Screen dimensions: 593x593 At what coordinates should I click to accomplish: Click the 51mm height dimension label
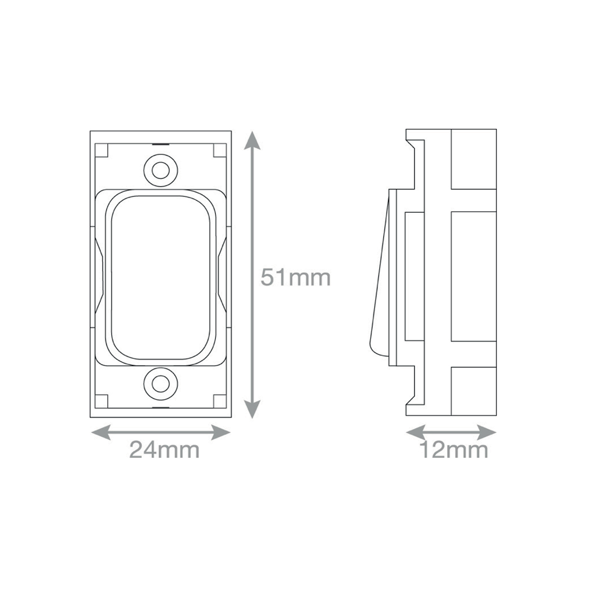coord(295,277)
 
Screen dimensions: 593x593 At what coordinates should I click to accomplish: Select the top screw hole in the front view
coord(160,170)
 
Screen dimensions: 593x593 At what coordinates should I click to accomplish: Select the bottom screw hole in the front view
coord(160,384)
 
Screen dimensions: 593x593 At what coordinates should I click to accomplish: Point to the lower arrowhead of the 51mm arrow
coord(252,409)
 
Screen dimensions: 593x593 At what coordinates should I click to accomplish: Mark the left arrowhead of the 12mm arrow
coord(416,432)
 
